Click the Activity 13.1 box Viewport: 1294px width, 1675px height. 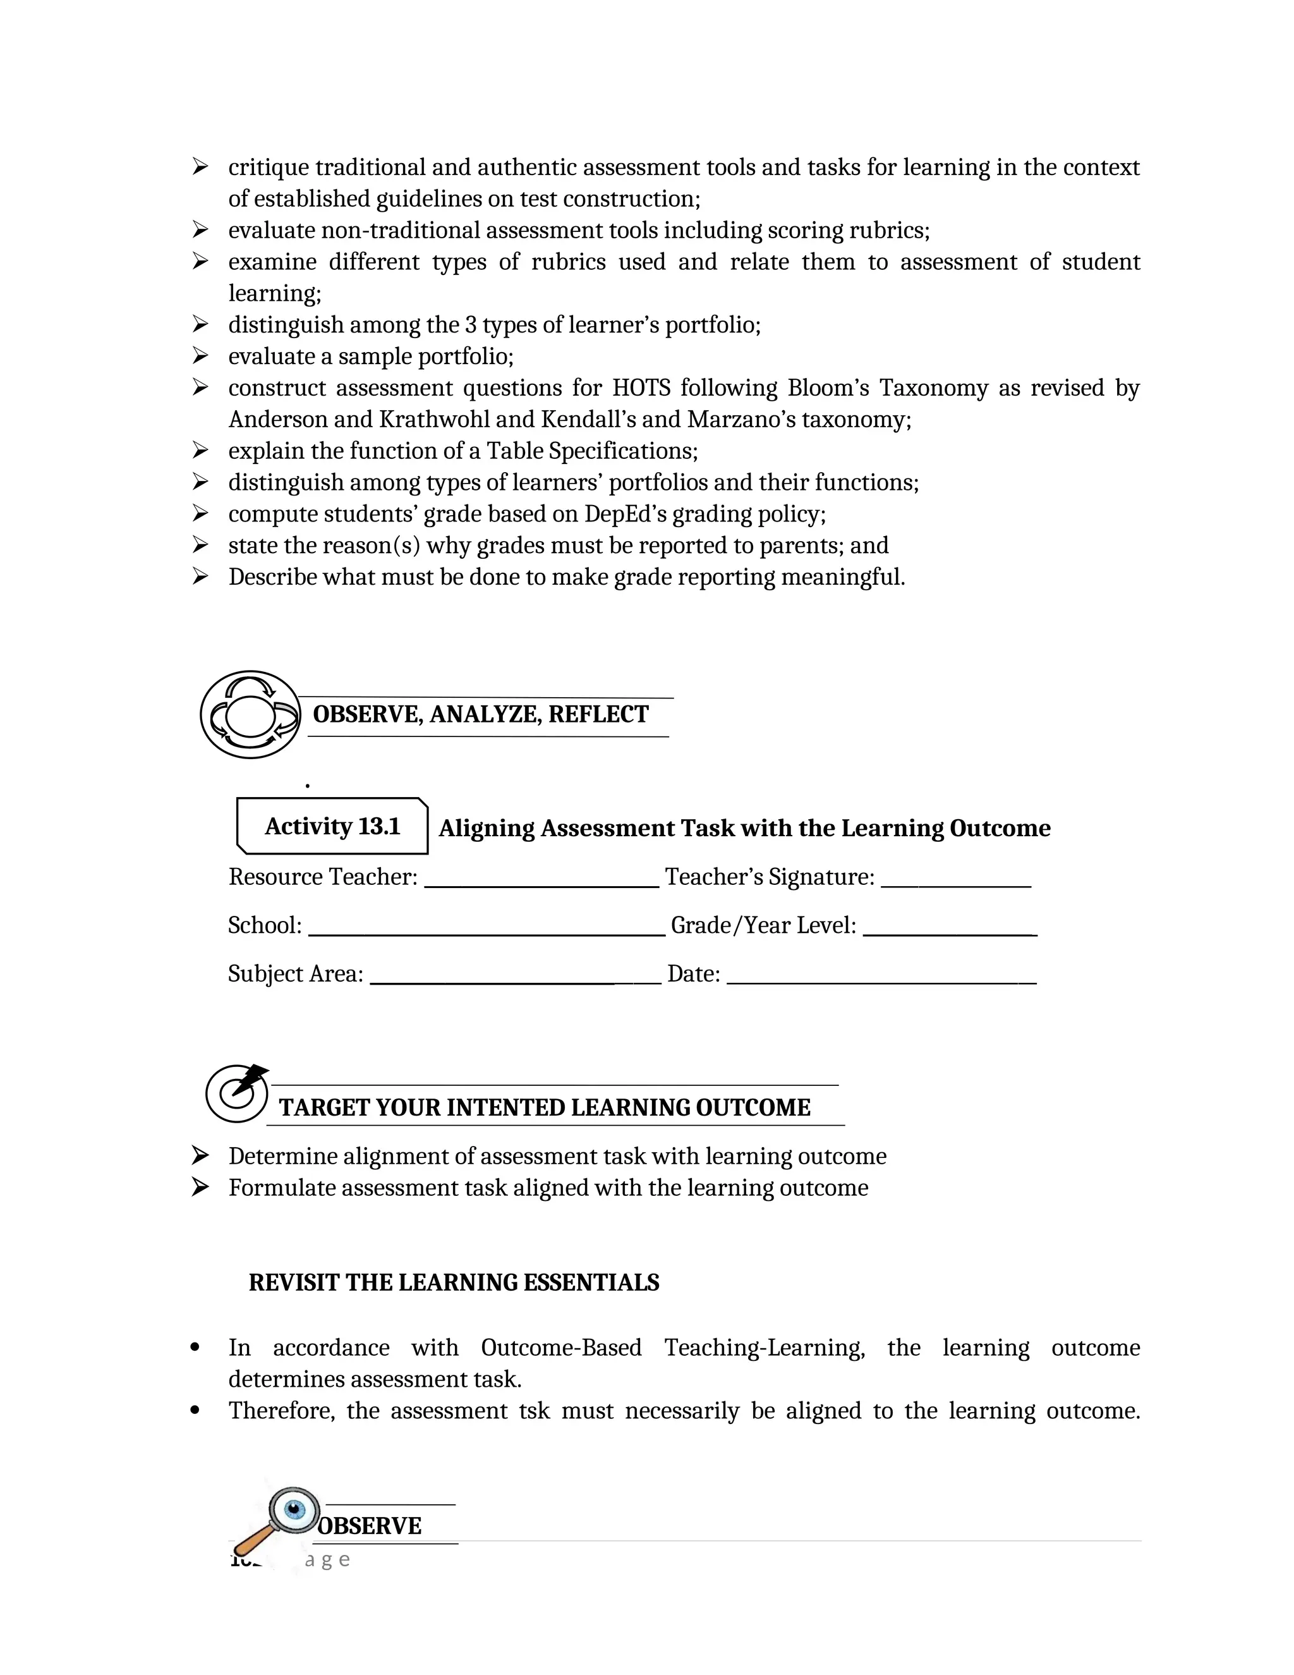pyautogui.click(x=332, y=826)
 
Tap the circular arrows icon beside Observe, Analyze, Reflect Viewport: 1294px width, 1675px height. pyautogui.click(x=250, y=715)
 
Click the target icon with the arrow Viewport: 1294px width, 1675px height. pyautogui.click(x=238, y=1093)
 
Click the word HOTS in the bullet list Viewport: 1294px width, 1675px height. pyautogui.click(x=642, y=388)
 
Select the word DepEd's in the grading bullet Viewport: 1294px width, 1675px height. pyautogui.click(x=625, y=514)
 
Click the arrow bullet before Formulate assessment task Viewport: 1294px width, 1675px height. pyautogui.click(x=200, y=1187)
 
